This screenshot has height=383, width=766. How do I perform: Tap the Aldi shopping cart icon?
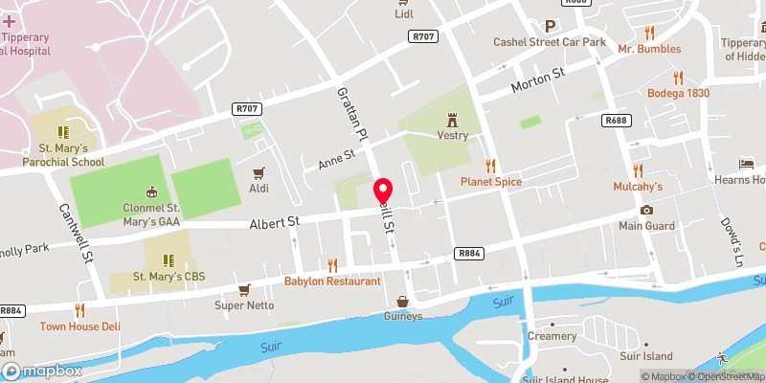tap(257, 173)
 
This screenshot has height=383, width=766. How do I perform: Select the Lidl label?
tap(404, 13)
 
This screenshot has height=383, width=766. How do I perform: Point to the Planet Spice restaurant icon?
tap(490, 166)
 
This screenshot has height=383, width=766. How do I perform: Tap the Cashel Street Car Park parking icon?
tap(550, 27)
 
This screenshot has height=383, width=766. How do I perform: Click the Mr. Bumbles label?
tap(649, 49)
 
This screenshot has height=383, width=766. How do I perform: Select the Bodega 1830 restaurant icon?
tap(678, 78)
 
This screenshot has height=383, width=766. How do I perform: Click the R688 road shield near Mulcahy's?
tap(616, 121)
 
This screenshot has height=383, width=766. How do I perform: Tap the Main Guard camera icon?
tap(646, 210)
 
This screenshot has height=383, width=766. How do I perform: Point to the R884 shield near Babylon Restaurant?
tap(468, 253)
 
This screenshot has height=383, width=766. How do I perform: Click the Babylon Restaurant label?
tap(332, 282)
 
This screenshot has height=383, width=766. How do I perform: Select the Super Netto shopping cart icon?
tap(244, 289)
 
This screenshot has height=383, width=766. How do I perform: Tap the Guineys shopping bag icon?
tap(403, 301)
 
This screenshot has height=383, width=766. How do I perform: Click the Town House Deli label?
tap(80, 326)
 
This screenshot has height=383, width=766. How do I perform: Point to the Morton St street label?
tap(539, 79)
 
